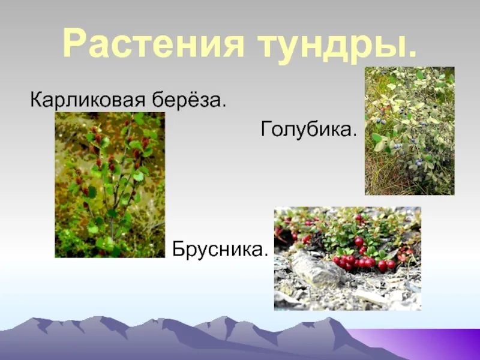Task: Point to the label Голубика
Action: (x=309, y=129)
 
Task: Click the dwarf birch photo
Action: (x=110, y=185)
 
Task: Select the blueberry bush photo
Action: (x=409, y=131)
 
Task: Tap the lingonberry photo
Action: (x=347, y=259)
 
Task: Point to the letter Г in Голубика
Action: (x=266, y=128)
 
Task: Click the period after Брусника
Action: (x=266, y=254)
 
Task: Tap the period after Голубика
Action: (x=355, y=134)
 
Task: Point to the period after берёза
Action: (x=223, y=104)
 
